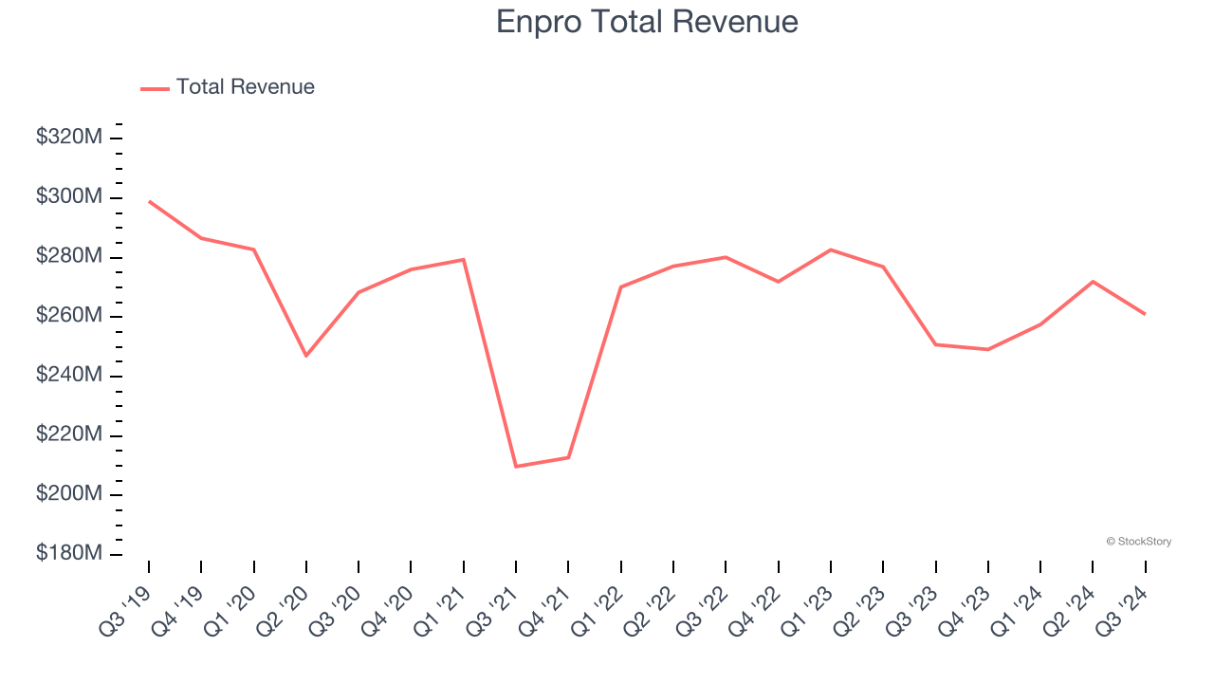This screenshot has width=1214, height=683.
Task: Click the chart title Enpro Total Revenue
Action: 647,22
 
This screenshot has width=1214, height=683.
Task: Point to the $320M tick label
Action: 69,138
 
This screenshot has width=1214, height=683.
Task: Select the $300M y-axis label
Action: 69,197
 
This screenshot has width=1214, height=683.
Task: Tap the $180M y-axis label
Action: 69,554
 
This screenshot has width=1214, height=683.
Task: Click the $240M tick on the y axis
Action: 69,376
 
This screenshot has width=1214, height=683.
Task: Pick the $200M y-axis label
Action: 69,494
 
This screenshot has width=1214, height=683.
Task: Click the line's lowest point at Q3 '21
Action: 516,467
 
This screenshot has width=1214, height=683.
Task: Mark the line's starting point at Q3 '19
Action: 149,201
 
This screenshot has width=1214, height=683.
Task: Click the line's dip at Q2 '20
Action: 306,356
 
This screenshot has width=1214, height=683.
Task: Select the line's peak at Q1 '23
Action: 831,249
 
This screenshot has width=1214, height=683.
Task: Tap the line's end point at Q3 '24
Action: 1145,314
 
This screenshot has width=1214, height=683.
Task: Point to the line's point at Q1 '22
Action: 621,286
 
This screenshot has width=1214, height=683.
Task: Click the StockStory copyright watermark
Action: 1138,542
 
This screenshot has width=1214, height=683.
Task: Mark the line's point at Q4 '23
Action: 988,349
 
